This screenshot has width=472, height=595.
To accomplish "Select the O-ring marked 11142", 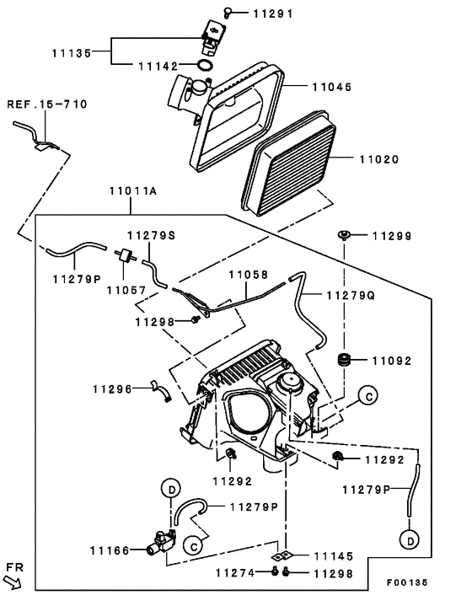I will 204,66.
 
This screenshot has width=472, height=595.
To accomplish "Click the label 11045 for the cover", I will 332,87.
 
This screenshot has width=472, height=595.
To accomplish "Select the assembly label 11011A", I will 134,191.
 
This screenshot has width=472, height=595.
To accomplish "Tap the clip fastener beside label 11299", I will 344,235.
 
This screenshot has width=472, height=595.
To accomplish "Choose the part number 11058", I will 249,275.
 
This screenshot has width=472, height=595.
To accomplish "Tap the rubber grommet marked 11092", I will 344,361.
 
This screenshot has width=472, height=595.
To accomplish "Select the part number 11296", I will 112,389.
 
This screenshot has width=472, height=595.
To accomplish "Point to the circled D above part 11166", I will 169,490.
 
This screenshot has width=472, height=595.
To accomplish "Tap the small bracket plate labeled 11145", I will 286,557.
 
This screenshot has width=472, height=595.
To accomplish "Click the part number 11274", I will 234,573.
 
